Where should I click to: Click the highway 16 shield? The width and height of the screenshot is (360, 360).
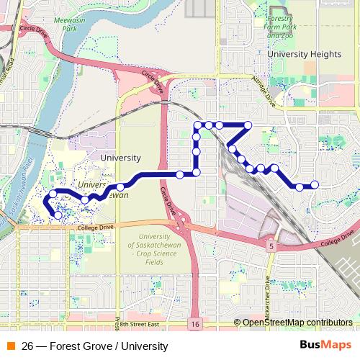pyautogui.click(x=196, y=325)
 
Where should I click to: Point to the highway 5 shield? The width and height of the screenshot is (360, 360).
pyautogui.click(x=271, y=246)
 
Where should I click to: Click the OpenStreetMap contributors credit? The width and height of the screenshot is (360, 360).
pyautogui.click(x=297, y=323)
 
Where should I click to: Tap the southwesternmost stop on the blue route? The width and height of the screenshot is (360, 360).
pyautogui.click(x=58, y=215)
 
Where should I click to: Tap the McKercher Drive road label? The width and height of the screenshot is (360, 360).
pyautogui.click(x=269, y=292)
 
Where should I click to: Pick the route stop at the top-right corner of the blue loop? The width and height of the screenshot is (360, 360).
pyautogui.click(x=248, y=125)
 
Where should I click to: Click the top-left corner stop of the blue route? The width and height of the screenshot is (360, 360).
pyautogui.click(x=197, y=125)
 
